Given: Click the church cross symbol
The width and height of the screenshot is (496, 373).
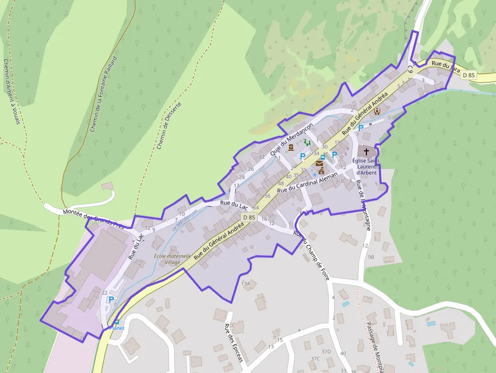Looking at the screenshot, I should tap(366, 151).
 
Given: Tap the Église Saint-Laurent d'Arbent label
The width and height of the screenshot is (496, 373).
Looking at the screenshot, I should tap(366, 167).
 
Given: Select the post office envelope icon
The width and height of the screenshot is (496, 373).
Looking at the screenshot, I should tap(319, 163).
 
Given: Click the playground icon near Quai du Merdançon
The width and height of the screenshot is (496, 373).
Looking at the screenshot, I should tap(307, 143).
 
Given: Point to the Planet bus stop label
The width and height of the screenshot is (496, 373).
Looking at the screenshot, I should tap(117, 328).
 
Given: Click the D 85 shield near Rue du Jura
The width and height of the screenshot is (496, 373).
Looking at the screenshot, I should tap(469, 75).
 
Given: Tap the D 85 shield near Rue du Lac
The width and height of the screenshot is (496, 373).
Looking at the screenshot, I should tap(249, 217).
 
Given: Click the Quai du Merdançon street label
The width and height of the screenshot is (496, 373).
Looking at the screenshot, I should tap(292, 138).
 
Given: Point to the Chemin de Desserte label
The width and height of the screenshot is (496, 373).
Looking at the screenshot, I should tap(169, 126).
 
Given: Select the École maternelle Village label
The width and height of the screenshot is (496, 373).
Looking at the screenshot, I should tap(173, 259).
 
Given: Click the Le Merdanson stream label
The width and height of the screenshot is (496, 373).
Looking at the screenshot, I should tap(184, 220).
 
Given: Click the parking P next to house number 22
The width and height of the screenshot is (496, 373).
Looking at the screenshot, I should tap(111, 299).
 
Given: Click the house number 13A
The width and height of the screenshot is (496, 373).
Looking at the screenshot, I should tap(246, 284).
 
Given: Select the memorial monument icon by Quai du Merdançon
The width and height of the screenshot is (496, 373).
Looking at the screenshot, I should tap(291, 148).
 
